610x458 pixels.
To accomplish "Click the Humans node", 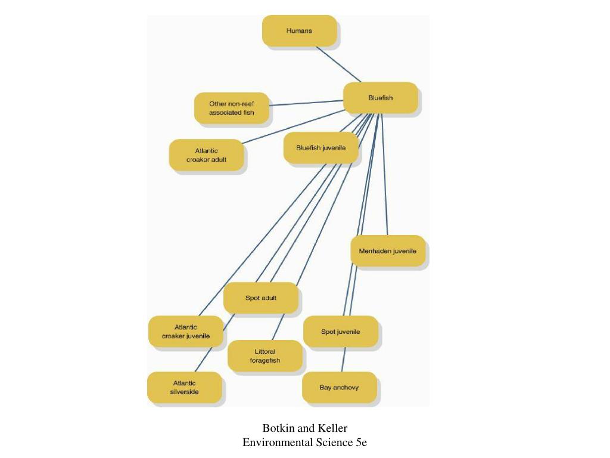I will point(299,31).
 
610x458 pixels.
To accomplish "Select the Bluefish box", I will point(380,98).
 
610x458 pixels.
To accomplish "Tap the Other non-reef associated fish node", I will point(231,108).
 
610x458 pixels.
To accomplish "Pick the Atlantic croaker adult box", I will point(206,155).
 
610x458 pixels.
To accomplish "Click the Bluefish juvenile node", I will point(320,148).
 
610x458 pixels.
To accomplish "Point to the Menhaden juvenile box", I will point(387,251).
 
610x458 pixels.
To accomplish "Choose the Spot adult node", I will point(260,298).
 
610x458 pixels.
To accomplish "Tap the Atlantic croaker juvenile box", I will point(185,332).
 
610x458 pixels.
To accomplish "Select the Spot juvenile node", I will point(340,332).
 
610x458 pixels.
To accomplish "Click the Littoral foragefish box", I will point(264,356).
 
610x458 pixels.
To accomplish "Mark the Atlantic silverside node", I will point(184,388).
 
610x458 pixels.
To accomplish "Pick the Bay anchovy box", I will point(339,388).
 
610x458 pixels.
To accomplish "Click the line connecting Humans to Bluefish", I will point(338,64).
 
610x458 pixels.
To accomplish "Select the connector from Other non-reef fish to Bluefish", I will point(307,103).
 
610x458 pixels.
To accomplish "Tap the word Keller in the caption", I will point(332,428).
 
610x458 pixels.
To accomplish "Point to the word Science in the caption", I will point(329,442).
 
